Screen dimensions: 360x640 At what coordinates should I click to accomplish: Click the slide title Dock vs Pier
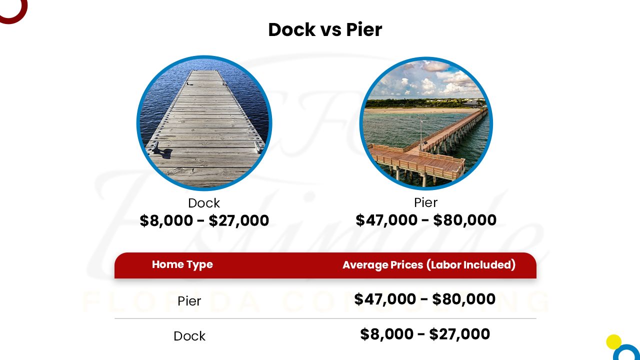(325, 30)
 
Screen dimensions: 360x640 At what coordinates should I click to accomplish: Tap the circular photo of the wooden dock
(204, 123)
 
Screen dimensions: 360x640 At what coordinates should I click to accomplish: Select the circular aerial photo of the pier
(426, 123)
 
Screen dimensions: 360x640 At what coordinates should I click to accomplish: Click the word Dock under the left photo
(204, 203)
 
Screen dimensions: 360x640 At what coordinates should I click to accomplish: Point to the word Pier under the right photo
(426, 202)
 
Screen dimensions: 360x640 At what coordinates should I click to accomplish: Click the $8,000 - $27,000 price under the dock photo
(204, 220)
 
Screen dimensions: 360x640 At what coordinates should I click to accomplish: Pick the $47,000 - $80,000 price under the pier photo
(426, 220)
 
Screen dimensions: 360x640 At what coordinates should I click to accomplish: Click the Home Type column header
(182, 264)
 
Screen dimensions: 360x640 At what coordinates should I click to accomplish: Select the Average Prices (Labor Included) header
(429, 265)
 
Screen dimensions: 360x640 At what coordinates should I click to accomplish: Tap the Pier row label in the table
(189, 301)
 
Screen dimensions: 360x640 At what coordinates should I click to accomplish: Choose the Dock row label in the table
(189, 336)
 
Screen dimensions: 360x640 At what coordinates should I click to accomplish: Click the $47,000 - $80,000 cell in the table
(425, 299)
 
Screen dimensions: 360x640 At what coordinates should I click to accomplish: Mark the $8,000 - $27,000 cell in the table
(425, 334)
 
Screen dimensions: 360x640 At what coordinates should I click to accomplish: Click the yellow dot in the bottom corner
(613, 342)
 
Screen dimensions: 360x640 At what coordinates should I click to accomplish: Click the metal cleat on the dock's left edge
(156, 147)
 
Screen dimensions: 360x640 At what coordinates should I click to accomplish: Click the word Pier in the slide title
(364, 30)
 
